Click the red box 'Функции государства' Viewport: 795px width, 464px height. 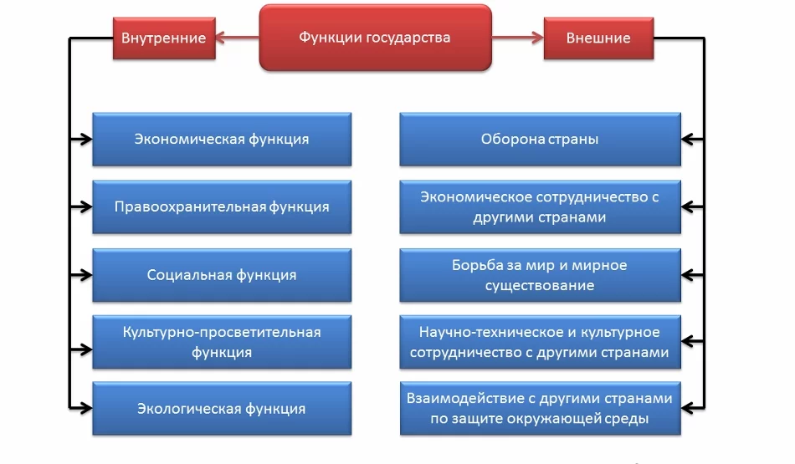click(375, 38)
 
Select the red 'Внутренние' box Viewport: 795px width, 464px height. click(164, 38)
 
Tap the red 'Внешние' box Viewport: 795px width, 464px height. click(598, 38)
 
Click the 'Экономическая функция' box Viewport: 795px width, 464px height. click(222, 140)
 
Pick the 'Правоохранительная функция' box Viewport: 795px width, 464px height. click(222, 207)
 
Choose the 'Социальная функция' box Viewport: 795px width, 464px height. click(222, 274)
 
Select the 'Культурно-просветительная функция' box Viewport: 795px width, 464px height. click(222, 342)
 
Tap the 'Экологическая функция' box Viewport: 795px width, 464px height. click(222, 409)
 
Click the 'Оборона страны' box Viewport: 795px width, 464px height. click(540, 140)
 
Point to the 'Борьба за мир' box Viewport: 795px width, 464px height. click(540, 274)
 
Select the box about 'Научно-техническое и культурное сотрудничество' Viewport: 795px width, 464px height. click(540, 342)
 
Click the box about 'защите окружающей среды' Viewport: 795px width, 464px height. click(540, 409)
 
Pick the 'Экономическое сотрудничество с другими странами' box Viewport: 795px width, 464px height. click(540, 207)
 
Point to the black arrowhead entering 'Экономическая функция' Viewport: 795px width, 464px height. click(86, 140)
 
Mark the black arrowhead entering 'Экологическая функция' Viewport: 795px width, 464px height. click(86, 409)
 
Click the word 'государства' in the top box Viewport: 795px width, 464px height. click(409, 38)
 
